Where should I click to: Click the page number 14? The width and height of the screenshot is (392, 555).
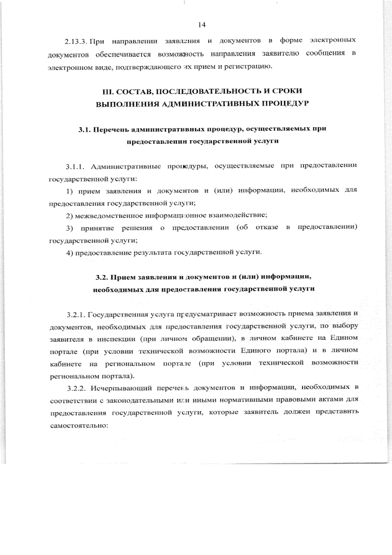click(202, 25)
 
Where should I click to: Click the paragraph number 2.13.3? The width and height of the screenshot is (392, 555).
click(75, 42)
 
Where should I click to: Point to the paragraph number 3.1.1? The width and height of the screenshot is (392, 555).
click(75, 167)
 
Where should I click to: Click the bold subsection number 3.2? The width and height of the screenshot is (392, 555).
click(102, 277)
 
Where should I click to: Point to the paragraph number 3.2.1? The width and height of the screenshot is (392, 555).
click(76, 315)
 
